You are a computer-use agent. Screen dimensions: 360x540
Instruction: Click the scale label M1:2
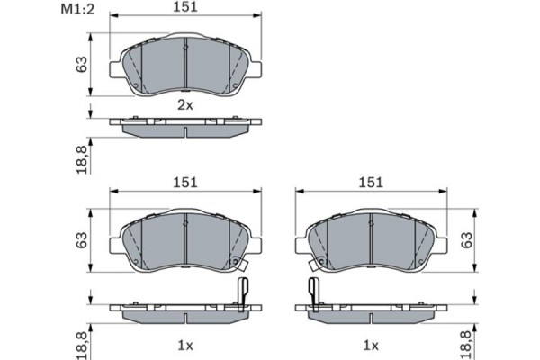point(78,10)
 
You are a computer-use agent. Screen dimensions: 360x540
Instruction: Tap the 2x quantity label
point(184,105)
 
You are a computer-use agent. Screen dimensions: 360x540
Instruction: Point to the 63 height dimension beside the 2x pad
point(82,66)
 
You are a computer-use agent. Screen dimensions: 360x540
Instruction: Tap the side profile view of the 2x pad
point(184,126)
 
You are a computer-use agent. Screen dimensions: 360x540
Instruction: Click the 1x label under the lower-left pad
point(184,345)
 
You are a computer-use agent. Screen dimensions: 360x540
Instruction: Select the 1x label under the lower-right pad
point(370,345)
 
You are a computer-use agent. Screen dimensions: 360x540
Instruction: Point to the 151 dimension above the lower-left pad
point(184,183)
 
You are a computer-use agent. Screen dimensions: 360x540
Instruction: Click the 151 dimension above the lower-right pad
point(370,183)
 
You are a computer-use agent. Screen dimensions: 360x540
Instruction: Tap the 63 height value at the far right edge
point(465,239)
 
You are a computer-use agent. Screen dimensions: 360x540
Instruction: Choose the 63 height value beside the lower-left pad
point(82,239)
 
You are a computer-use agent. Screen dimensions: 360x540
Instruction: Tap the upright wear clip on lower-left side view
point(241,292)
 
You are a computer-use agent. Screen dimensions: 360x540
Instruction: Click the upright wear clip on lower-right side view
point(313,292)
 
